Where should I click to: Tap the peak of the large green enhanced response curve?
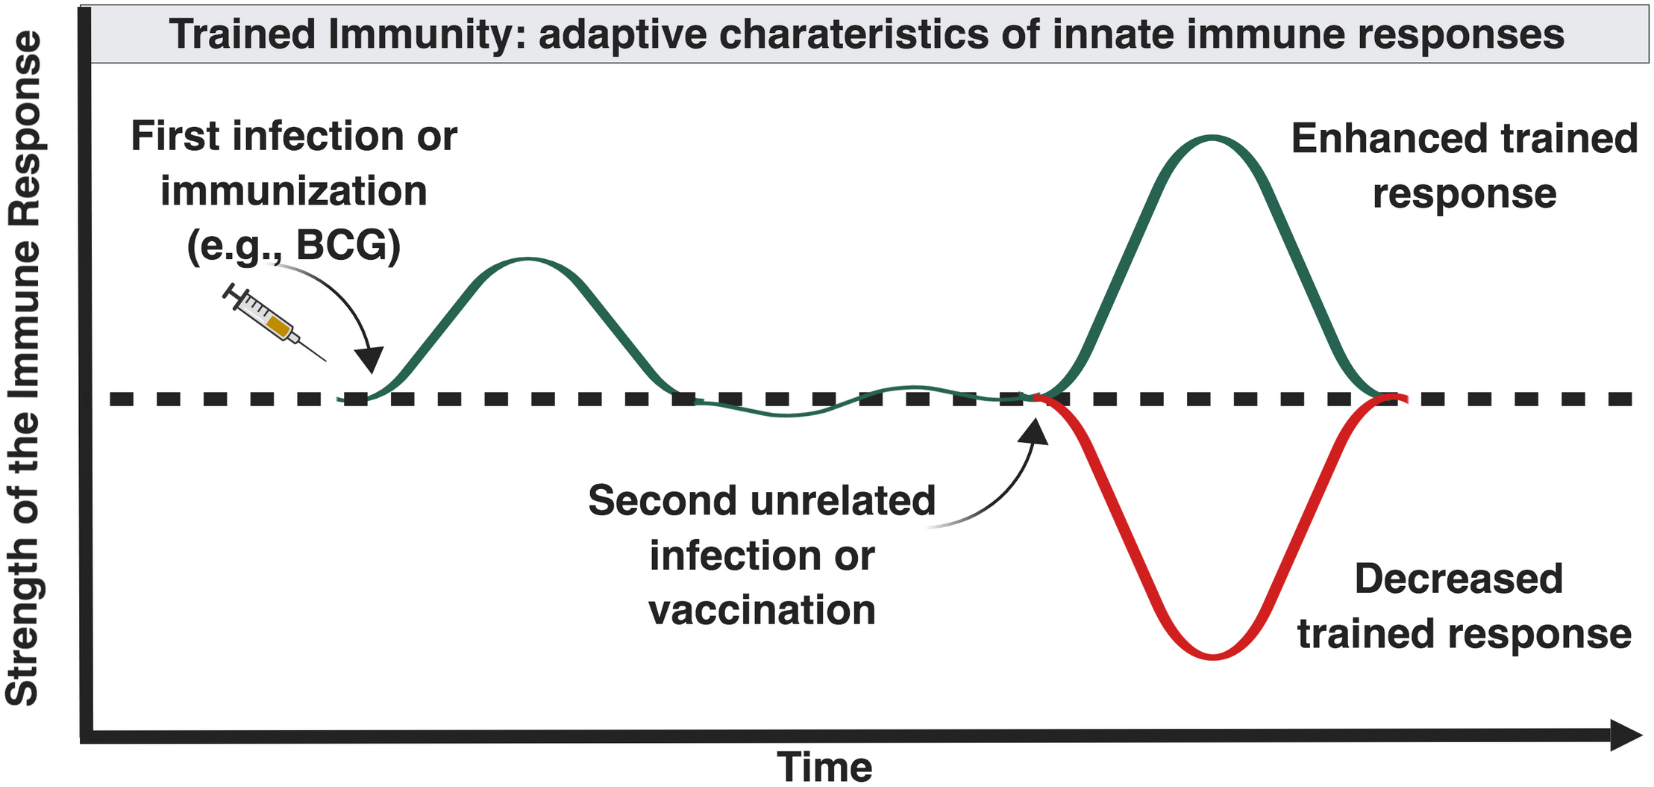[x=1212, y=138]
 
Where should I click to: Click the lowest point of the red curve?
[x=1213, y=656]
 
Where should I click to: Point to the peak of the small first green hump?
[x=527, y=260]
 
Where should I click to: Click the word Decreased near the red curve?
[x=1458, y=579]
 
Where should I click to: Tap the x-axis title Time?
[x=824, y=767]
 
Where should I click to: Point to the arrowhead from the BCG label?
[x=370, y=361]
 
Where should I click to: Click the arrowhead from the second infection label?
[x=1036, y=431]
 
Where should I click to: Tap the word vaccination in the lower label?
[x=762, y=611]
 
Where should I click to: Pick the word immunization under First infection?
[x=294, y=191]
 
